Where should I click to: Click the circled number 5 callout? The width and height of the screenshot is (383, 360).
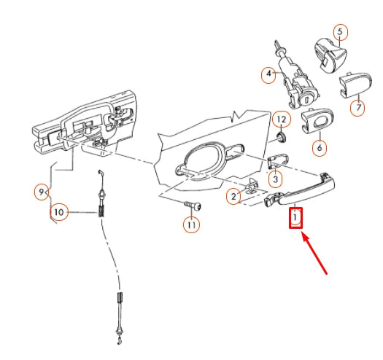click(x=341, y=32)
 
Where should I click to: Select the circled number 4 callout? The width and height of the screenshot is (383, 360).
click(x=268, y=73)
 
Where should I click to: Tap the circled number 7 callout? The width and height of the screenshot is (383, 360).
click(x=357, y=108)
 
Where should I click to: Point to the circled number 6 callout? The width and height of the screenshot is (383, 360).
click(x=320, y=147)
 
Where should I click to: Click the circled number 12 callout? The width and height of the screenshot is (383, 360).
click(x=282, y=120)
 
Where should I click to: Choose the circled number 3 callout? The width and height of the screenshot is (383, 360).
click(x=275, y=179)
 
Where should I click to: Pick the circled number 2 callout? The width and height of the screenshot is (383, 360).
click(x=233, y=196)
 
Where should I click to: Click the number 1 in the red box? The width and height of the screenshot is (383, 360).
click(x=295, y=216)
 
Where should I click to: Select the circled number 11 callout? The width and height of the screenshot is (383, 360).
click(x=191, y=224)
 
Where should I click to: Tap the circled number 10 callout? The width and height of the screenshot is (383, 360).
click(x=59, y=212)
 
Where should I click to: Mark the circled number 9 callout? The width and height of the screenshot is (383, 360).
click(x=42, y=192)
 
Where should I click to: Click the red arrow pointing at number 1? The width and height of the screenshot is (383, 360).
click(x=314, y=254)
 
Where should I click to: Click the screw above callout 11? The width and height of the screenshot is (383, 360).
click(x=193, y=206)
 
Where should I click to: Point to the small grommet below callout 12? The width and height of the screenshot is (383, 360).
click(x=282, y=138)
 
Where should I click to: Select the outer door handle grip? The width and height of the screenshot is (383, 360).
click(x=306, y=190)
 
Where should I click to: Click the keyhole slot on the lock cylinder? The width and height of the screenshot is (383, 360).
click(x=308, y=99)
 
